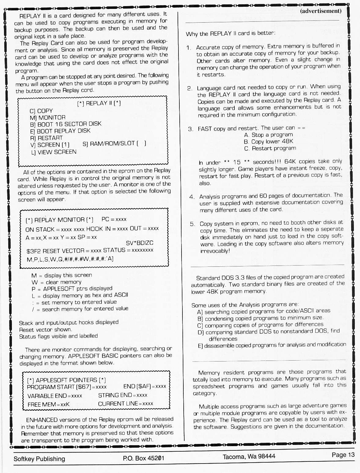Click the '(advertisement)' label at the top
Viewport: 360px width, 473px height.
click(x=321, y=11)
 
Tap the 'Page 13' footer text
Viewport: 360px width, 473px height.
click(x=343, y=455)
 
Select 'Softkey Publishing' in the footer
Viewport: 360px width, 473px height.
click(x=39, y=459)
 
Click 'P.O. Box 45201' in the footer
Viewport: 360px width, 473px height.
click(x=144, y=458)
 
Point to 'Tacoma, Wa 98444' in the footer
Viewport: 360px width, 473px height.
click(x=249, y=457)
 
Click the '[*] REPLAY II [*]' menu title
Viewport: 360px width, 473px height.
click(x=99, y=103)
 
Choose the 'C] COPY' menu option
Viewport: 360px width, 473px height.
click(x=41, y=111)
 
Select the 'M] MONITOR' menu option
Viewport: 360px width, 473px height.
click(x=48, y=118)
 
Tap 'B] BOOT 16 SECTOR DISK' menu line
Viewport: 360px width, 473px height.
click(x=66, y=124)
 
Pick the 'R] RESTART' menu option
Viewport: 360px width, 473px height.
click(x=46, y=138)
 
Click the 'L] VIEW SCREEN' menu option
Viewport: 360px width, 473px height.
click(x=53, y=152)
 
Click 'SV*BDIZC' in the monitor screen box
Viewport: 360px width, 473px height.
click(x=140, y=243)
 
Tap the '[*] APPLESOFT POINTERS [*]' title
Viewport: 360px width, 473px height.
click(x=66, y=380)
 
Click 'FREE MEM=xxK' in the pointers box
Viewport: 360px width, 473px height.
click(x=49, y=405)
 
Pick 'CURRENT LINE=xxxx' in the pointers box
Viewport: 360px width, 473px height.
click(x=126, y=404)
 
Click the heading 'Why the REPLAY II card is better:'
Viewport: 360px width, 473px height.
click(x=231, y=33)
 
